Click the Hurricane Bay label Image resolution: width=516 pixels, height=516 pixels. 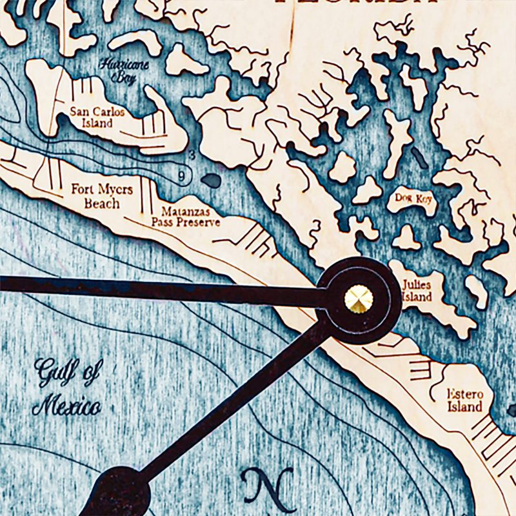coord(114,70)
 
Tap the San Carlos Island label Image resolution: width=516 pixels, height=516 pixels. coord(97,117)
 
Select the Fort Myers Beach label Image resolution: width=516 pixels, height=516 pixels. coord(102,196)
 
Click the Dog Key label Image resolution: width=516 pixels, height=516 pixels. coord(412,199)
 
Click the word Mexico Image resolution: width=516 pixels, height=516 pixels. coord(66,407)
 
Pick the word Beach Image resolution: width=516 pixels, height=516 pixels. coord(102,203)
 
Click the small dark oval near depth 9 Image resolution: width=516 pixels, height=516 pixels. coord(210,181)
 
